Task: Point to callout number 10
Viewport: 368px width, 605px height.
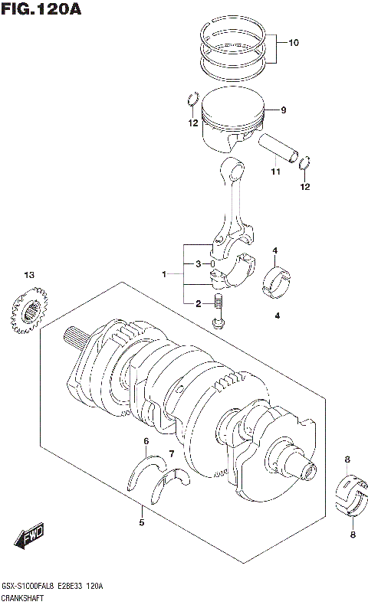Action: tap(294, 43)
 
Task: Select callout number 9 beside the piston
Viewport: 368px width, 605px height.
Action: tap(283, 110)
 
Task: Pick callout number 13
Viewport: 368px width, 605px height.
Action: tap(29, 275)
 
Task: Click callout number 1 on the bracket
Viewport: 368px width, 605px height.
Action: tap(163, 273)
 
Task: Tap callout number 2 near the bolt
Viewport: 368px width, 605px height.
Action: tap(198, 304)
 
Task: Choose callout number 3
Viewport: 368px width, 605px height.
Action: tap(198, 264)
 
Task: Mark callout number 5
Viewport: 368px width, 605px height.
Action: tap(141, 523)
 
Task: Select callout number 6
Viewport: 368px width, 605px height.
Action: tap(146, 441)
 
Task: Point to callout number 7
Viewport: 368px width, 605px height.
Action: tap(172, 454)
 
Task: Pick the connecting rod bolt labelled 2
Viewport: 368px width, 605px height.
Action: tap(219, 312)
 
